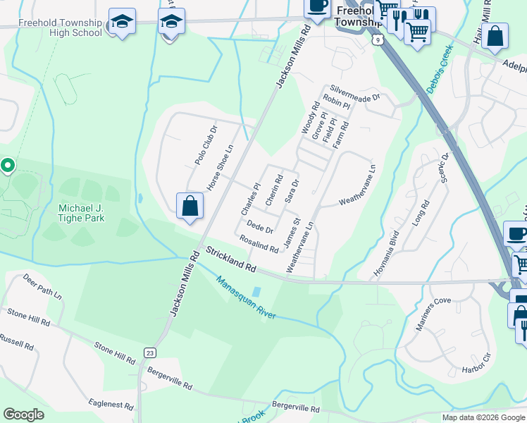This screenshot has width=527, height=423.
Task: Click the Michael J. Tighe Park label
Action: pos(82,214)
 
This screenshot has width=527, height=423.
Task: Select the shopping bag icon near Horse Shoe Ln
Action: pos(190,207)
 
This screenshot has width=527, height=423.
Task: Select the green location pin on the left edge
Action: pos(8,166)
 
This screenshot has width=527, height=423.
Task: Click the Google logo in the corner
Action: pos(23,415)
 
